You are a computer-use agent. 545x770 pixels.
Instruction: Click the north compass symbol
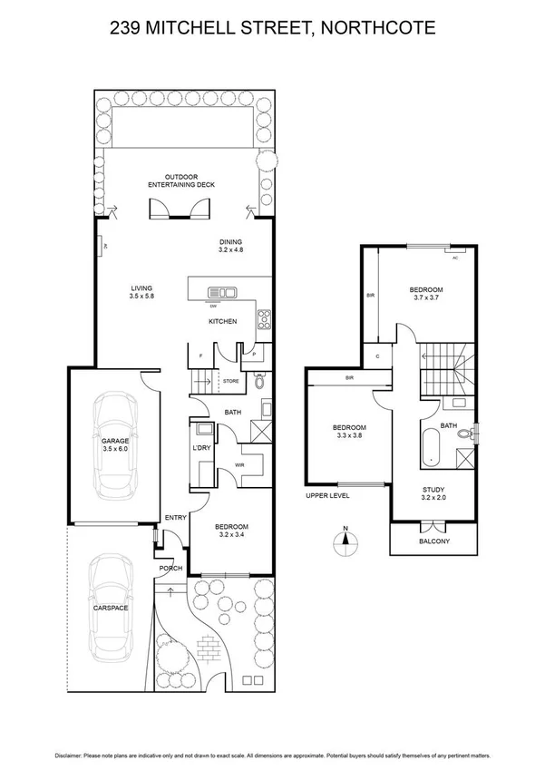(344, 542)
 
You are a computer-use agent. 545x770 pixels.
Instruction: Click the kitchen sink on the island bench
(222, 292)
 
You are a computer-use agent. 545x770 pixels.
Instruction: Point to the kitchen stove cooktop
(264, 317)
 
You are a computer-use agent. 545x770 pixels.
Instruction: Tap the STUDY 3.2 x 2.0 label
(434, 492)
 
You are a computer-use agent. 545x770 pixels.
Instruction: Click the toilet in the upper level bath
(465, 434)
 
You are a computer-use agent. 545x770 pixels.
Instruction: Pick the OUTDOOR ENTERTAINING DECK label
(181, 180)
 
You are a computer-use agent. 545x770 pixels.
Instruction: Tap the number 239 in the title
(127, 29)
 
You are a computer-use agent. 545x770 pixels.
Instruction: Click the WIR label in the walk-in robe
(239, 465)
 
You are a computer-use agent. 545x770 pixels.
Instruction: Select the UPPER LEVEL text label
(327, 496)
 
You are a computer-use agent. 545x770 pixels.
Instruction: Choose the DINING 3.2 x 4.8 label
(232, 245)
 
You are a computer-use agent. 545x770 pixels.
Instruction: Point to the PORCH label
(170, 569)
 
